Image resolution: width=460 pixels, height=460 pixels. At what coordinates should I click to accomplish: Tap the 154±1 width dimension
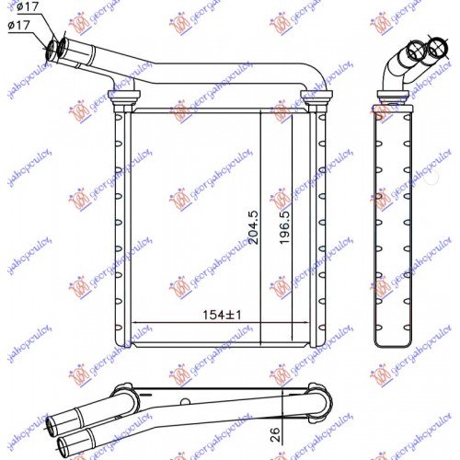(221, 314)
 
